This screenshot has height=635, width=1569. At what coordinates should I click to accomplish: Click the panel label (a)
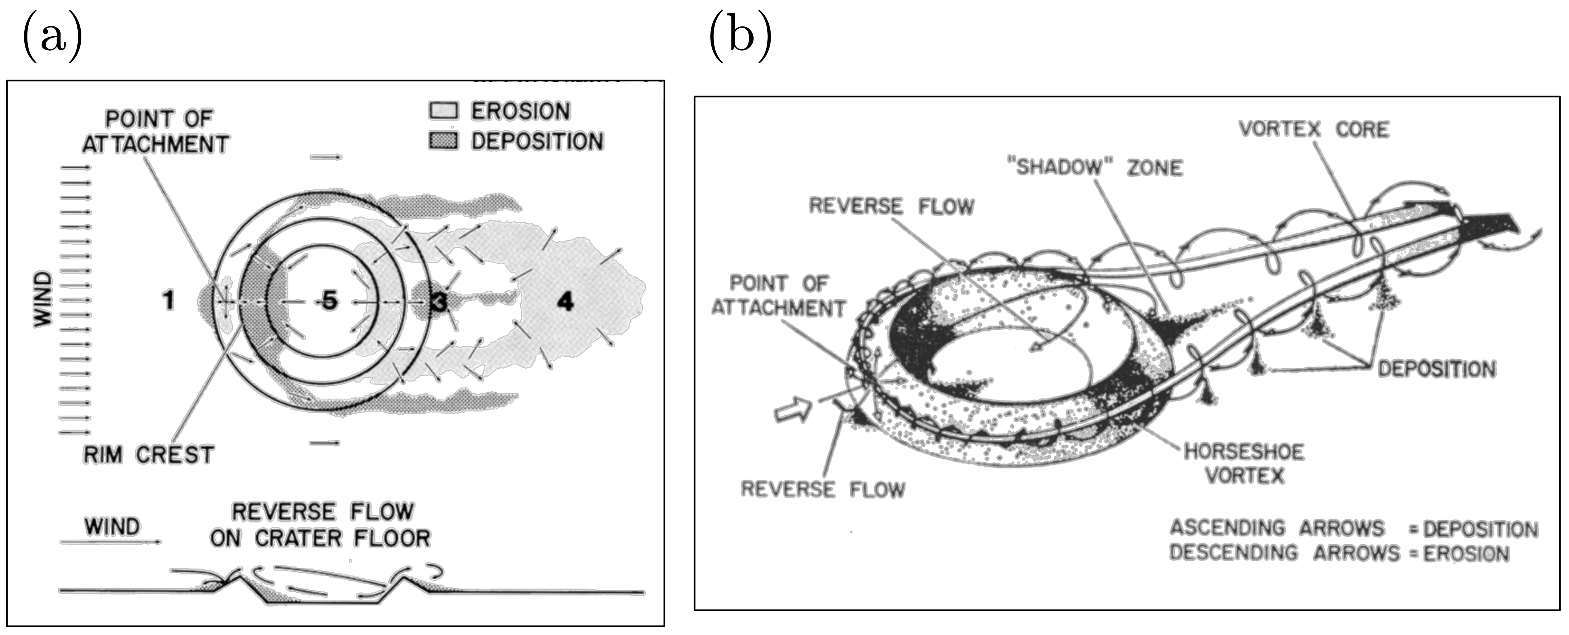click(x=52, y=38)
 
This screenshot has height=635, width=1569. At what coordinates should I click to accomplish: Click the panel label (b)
click(x=740, y=38)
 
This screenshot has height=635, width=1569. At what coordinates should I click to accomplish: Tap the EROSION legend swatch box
click(x=443, y=111)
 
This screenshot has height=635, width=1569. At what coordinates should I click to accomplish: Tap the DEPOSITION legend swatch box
click(x=443, y=141)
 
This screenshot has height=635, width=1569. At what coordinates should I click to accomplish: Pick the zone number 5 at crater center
click(x=329, y=300)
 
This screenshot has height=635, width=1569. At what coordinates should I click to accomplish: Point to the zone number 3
click(x=438, y=302)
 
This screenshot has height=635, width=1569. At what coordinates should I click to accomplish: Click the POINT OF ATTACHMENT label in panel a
click(x=156, y=132)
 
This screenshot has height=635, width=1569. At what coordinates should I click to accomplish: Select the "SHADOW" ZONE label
click(x=1099, y=167)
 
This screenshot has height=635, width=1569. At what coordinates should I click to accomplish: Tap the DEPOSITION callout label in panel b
click(x=1437, y=369)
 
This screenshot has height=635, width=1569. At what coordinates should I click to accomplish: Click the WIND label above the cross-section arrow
click(x=112, y=526)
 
